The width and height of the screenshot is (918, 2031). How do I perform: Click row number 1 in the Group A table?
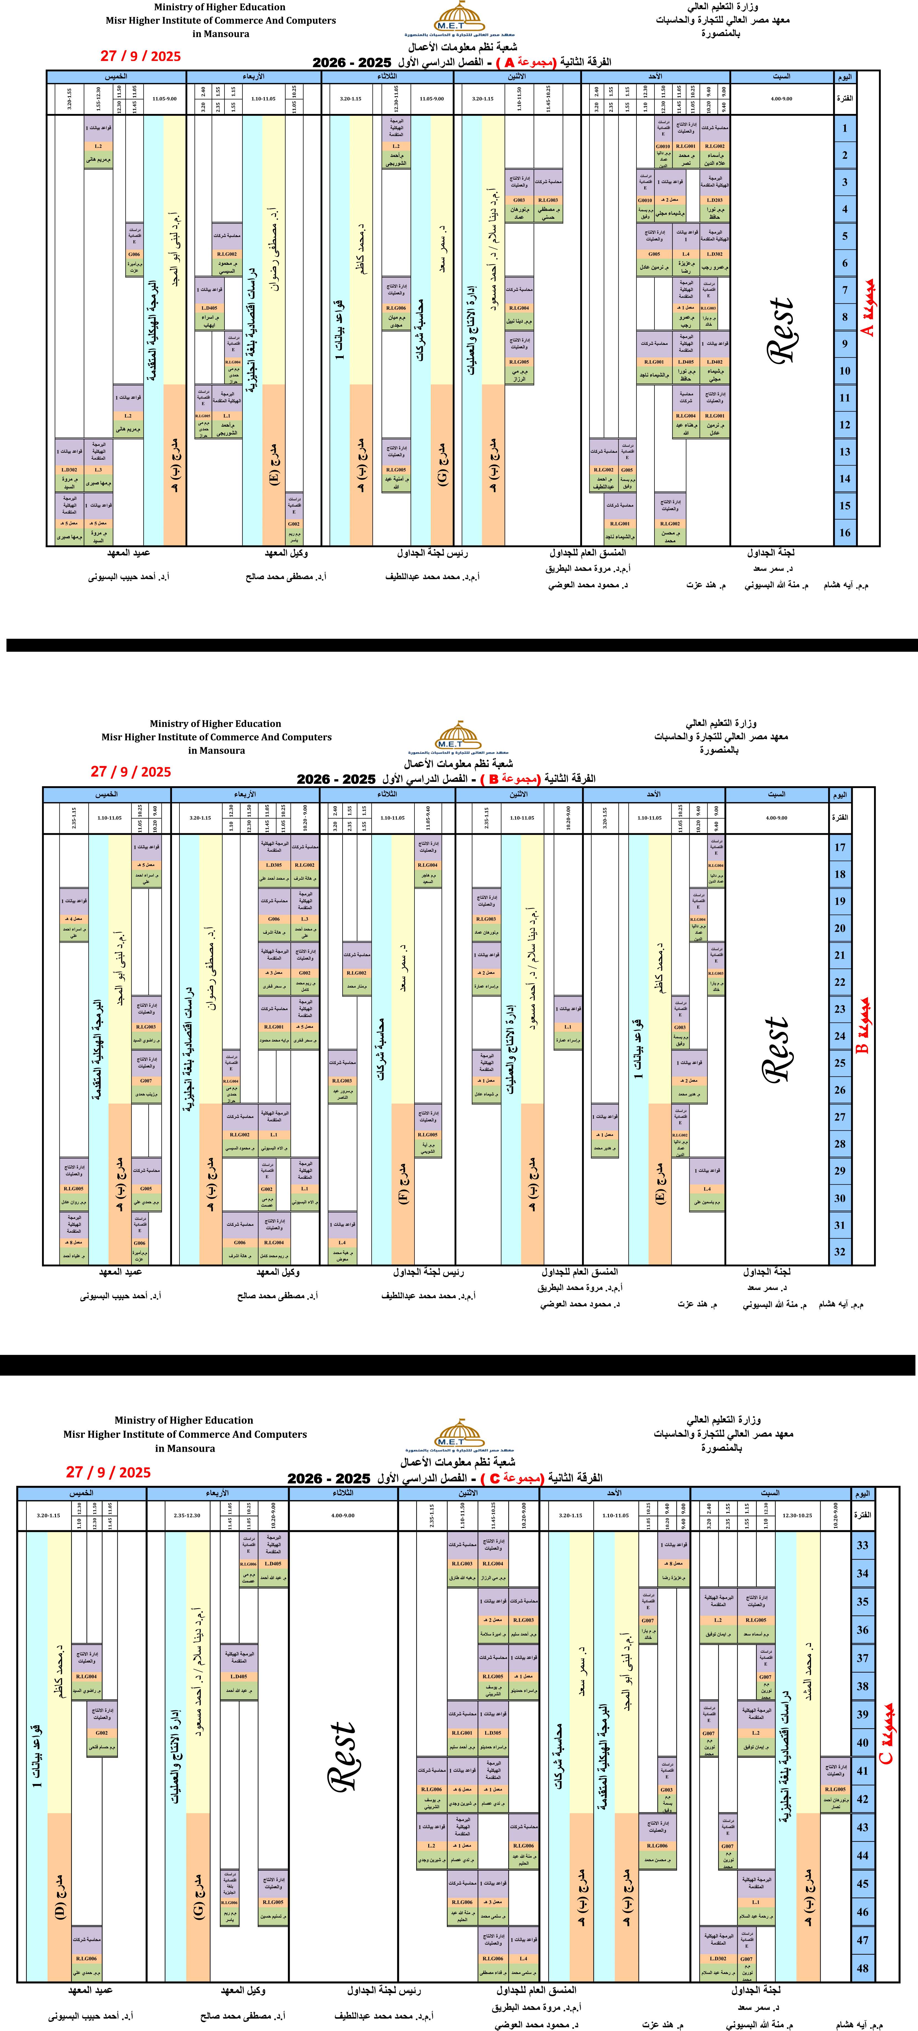[x=845, y=129]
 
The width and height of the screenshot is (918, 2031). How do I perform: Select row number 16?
[x=845, y=532]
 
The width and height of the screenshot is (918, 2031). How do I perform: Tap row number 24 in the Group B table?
[x=840, y=1036]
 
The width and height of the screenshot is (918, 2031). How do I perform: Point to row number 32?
[x=840, y=1251]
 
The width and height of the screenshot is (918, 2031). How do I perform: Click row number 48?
[x=863, y=1968]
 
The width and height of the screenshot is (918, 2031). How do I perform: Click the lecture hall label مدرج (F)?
[x=402, y=1183]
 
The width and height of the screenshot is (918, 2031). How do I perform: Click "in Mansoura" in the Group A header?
[x=221, y=34]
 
